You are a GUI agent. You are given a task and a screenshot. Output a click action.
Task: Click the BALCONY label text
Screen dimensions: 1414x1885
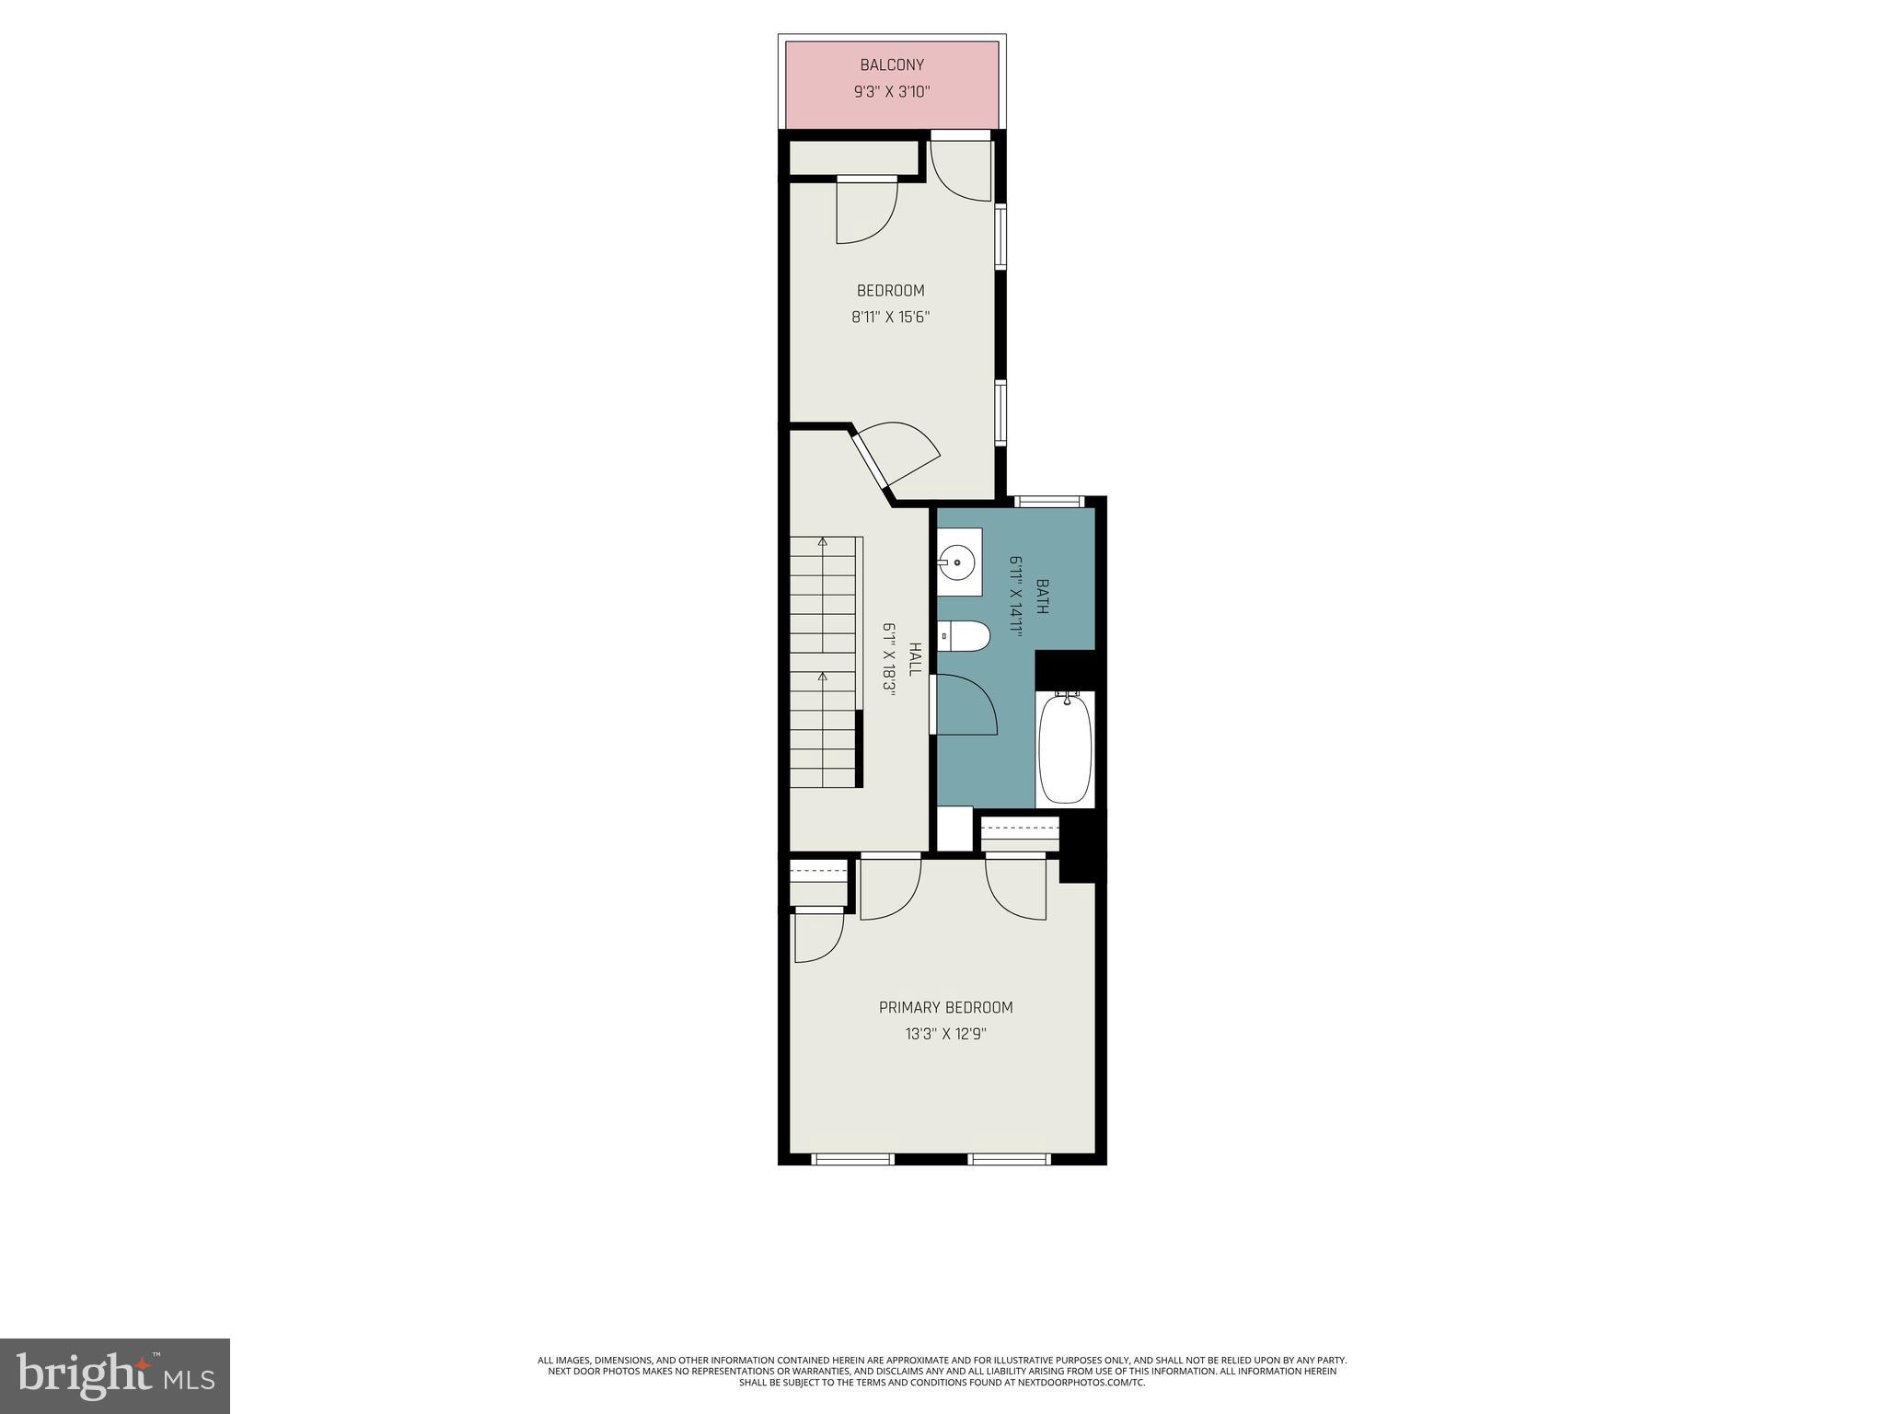pos(891,65)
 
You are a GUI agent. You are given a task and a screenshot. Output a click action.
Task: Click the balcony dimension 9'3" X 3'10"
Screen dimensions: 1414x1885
pos(891,92)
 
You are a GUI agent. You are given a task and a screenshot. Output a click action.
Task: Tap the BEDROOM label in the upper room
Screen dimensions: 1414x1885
pos(890,291)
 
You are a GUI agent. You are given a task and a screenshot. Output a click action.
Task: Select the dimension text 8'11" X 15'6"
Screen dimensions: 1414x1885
pos(890,318)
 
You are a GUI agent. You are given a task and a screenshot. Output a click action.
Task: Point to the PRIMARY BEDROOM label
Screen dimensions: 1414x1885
pos(945,1007)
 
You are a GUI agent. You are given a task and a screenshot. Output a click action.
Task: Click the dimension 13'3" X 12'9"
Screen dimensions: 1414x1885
pos(945,1034)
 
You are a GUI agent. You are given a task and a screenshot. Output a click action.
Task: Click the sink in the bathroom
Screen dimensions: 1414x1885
pos(958,562)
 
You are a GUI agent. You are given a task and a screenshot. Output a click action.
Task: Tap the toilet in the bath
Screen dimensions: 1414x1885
pos(965,635)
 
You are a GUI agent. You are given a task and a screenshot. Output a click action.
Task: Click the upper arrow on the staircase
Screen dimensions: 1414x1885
pos(822,542)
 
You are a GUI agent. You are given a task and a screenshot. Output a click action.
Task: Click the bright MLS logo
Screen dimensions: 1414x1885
pos(114,1375)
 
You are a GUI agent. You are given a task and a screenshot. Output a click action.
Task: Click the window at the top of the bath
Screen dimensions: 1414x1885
pos(1048,502)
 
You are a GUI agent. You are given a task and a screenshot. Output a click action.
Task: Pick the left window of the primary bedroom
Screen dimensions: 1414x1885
pos(852,1159)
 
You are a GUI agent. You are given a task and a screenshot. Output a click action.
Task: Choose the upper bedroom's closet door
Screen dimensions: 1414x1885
pos(866,211)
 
